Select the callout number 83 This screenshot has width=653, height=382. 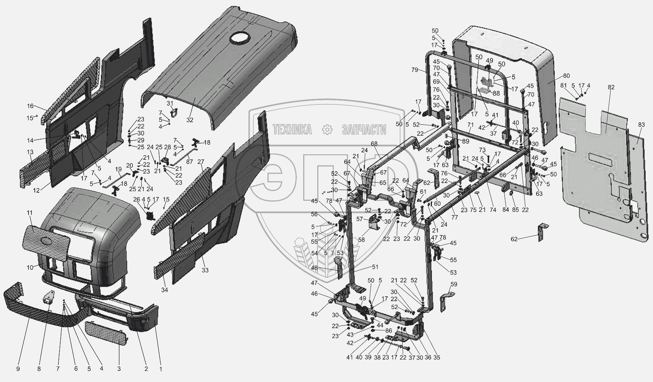coord(641,125)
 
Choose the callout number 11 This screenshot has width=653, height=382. coord(30,213)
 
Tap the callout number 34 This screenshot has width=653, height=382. coord(164,290)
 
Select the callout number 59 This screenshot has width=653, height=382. coord(454,285)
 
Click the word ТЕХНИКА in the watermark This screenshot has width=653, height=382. coord(292,130)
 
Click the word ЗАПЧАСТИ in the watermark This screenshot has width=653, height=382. coord(364,130)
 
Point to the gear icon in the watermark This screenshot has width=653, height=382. coord(326,130)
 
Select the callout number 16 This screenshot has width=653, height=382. coord(30,106)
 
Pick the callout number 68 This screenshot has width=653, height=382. coord(374,143)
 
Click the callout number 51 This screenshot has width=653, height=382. coord(375,267)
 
